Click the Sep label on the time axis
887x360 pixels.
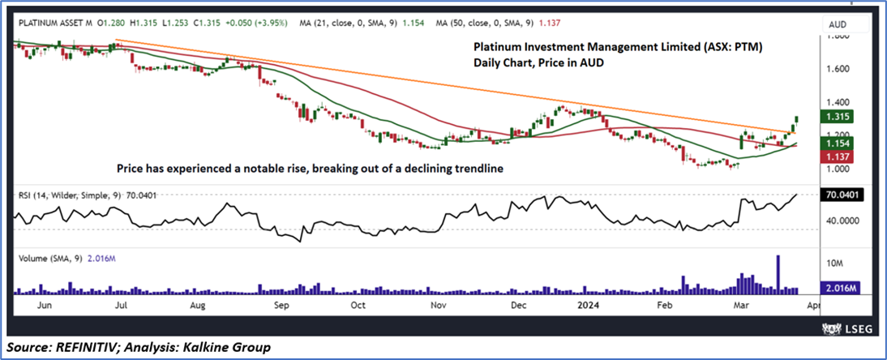pos(281,306)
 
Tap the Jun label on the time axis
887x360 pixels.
pos(46,306)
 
